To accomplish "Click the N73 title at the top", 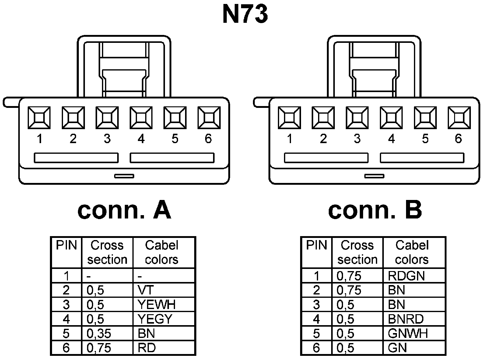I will pos(245,14).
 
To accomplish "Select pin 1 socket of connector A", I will pos(39,118).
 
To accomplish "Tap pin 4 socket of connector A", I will pos(141,118).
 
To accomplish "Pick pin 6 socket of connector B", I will pos(459,118).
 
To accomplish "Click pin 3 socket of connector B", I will pos(357,118).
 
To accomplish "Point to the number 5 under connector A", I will pos(175,139).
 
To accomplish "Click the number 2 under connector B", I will pos(323,139).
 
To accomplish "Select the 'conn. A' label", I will pos(124,210).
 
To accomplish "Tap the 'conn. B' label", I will pos(375,210).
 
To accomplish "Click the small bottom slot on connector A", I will pos(124,176).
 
